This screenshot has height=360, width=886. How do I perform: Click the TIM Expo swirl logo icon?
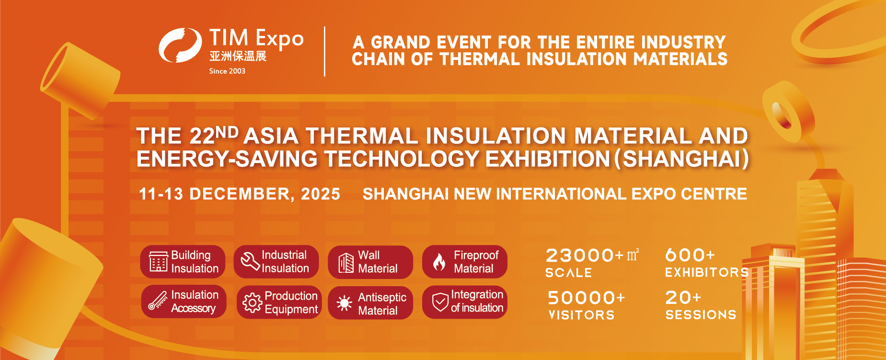tap(180, 46)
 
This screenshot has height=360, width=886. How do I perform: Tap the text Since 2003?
tap(227, 71)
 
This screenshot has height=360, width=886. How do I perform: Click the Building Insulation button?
tap(183, 262)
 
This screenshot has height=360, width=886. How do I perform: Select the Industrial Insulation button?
tap(276, 262)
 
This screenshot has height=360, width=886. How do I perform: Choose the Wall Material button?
tap(370, 262)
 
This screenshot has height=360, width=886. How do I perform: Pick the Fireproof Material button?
tap(464, 262)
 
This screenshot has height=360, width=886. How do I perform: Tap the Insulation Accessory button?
tap(184, 302)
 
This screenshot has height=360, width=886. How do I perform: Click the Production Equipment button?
tap(279, 302)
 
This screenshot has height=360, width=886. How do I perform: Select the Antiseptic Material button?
tap(370, 303)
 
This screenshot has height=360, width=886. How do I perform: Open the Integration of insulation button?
tap(464, 302)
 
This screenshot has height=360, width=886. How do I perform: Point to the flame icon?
tap(439, 262)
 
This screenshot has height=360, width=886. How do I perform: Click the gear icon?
tap(252, 302)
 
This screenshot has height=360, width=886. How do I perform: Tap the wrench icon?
tap(250, 261)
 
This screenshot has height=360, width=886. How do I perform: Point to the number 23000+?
tap(585, 255)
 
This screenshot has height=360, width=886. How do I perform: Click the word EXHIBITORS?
tap(707, 273)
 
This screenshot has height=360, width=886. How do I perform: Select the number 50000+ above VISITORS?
tap(587, 298)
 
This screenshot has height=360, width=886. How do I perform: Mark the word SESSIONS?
tap(701, 315)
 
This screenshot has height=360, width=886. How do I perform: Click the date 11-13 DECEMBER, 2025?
tap(240, 194)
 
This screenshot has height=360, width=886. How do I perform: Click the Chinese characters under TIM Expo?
tap(238, 56)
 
